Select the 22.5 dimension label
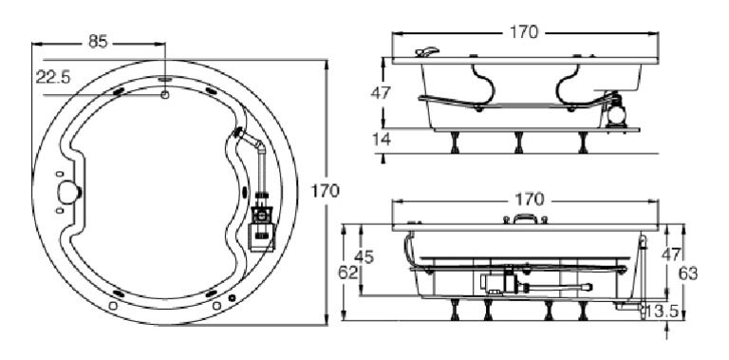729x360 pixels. [x=53, y=77]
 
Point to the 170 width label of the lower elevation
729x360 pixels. [x=528, y=199]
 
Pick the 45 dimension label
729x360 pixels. [x=365, y=256]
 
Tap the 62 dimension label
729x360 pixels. [x=348, y=273]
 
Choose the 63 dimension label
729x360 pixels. [x=689, y=273]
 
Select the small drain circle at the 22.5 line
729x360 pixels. [x=166, y=94]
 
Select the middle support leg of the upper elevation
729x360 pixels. [x=519, y=143]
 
